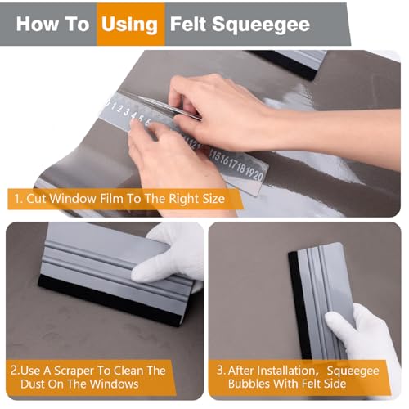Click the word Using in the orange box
click(x=129, y=24)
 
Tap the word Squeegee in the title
click(x=263, y=24)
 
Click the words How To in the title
click(x=52, y=24)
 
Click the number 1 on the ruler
click(x=108, y=105)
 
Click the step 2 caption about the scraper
click(x=90, y=377)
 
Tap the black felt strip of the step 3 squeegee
click(x=295, y=303)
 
